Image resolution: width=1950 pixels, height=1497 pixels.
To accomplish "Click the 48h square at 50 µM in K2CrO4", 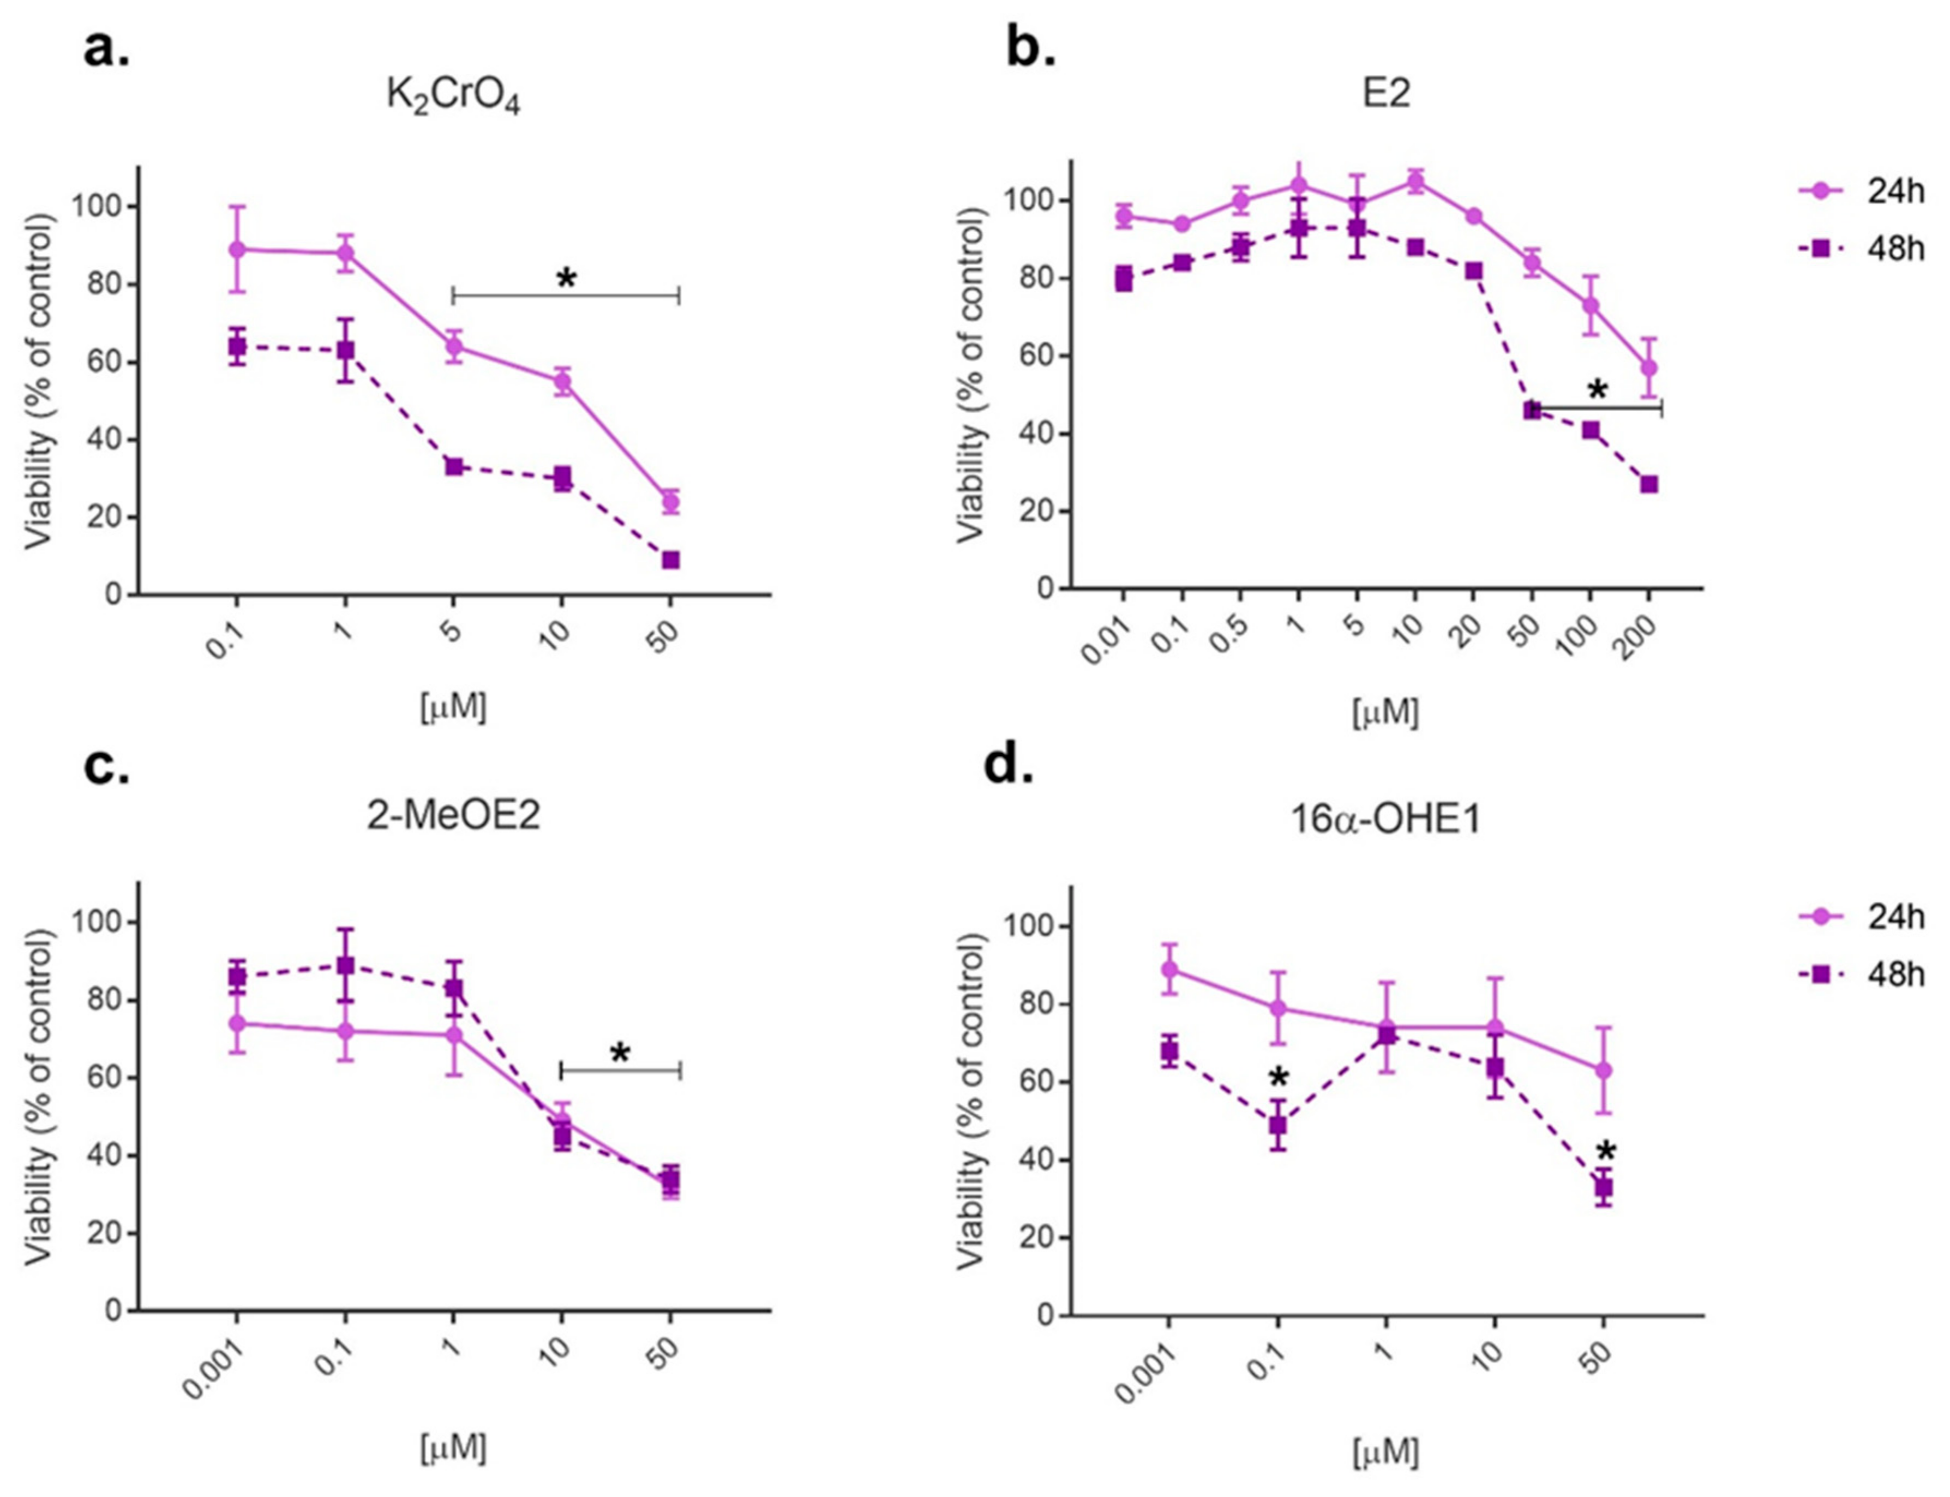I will tap(670, 560).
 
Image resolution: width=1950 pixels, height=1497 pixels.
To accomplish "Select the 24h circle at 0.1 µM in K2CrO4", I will tap(237, 250).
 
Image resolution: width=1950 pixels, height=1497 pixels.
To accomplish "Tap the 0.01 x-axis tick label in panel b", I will tap(1105, 641).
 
